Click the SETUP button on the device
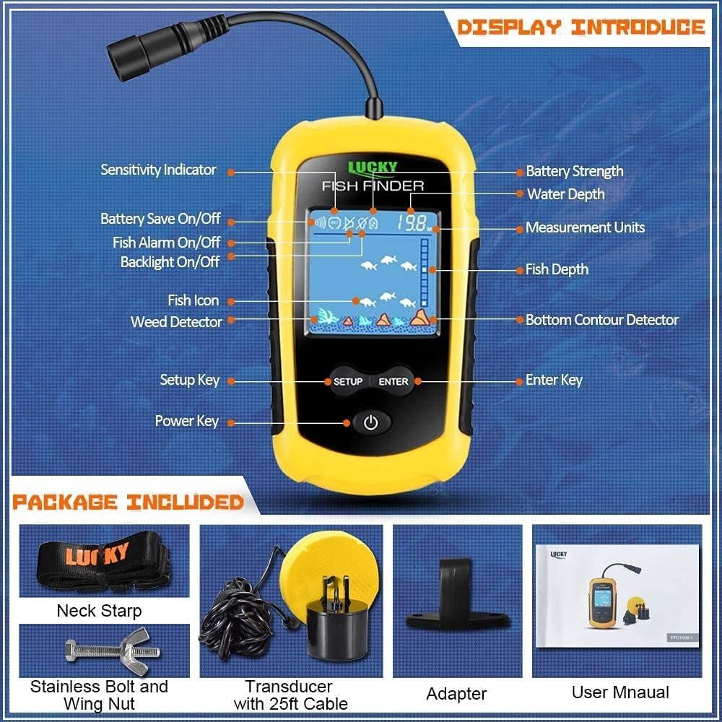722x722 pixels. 347,381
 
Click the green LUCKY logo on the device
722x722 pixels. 373,168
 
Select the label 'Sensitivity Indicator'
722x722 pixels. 158,170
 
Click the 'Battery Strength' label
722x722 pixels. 574,171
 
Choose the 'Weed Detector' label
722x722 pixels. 176,322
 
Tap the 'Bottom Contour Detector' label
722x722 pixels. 601,319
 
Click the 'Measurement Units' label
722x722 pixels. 585,227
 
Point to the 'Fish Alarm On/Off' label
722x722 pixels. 166,243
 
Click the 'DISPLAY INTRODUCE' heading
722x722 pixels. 580,28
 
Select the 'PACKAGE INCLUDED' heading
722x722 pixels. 128,502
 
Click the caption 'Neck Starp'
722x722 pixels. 99,611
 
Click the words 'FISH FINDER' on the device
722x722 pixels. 373,186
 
